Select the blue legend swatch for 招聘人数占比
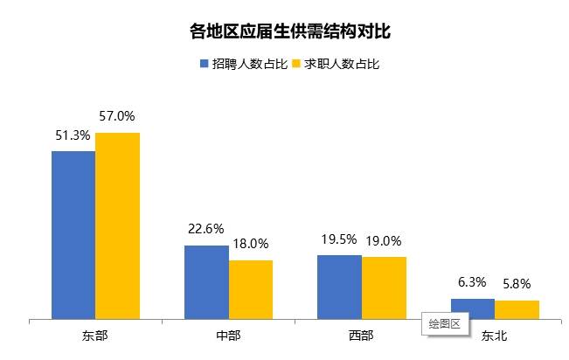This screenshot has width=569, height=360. tap(205, 64)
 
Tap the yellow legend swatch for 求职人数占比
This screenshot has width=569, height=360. tap(296, 64)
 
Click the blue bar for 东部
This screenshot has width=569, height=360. tap(73, 234)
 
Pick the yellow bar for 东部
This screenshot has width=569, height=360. tap(118, 225)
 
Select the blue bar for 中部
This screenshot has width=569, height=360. tap(206, 281)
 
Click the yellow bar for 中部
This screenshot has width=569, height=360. tap(251, 289)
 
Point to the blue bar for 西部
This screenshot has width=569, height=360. tap(339, 287)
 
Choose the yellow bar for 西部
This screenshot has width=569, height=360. tap(384, 287)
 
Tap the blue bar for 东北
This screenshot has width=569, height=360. tap(473, 308)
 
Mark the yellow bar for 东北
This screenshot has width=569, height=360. tap(517, 309)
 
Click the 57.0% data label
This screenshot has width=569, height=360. tap(118, 115)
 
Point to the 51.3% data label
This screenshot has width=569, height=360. tap(73, 135)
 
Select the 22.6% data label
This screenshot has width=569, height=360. tap(206, 229)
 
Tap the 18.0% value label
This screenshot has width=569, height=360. tap(251, 244)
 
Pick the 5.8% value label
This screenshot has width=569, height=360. tap(517, 284)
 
